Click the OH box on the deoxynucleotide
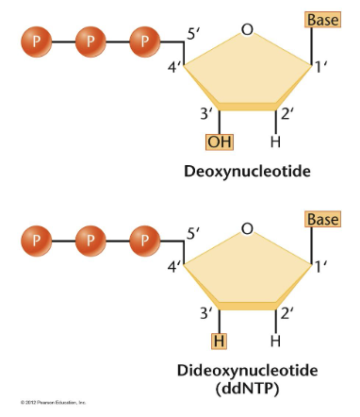point(220,142)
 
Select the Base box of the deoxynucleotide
point(321,19)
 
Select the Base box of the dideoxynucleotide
point(321,219)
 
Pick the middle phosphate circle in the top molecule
point(91,42)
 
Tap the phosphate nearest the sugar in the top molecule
point(145,42)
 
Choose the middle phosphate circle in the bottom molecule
point(91,240)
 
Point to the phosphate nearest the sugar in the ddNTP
point(145,240)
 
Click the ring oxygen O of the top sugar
point(247,31)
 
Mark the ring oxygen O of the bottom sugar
point(247,229)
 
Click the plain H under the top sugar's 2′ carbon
point(275,142)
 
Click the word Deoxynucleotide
point(247,172)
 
